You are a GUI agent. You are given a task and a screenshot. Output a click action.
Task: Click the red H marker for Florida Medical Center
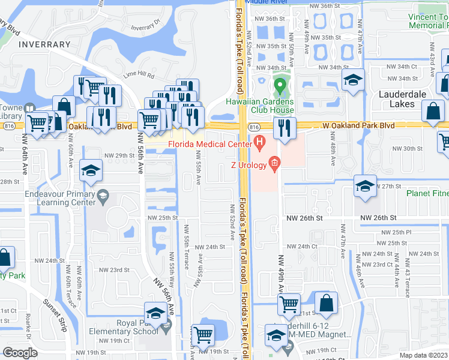click(x=259, y=143)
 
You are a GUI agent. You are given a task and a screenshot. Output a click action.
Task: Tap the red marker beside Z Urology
click(x=274, y=162)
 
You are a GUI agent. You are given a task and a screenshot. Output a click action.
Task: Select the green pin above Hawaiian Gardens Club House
click(x=279, y=87)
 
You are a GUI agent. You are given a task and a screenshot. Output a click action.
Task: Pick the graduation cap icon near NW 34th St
click(x=354, y=80)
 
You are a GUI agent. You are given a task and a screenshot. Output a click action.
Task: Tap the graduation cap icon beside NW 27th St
click(x=364, y=185)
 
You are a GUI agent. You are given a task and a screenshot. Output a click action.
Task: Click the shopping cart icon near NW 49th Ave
click(x=289, y=304)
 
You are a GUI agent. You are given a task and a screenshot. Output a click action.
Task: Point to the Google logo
click(x=20, y=353)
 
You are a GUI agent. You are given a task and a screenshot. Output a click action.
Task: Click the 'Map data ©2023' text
click(x=423, y=355)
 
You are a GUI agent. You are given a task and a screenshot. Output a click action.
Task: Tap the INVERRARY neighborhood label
click(x=44, y=44)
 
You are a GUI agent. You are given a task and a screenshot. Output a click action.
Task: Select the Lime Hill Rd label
click(x=139, y=76)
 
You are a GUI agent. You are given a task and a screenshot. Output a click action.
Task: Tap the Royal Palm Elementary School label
click(x=128, y=326)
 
